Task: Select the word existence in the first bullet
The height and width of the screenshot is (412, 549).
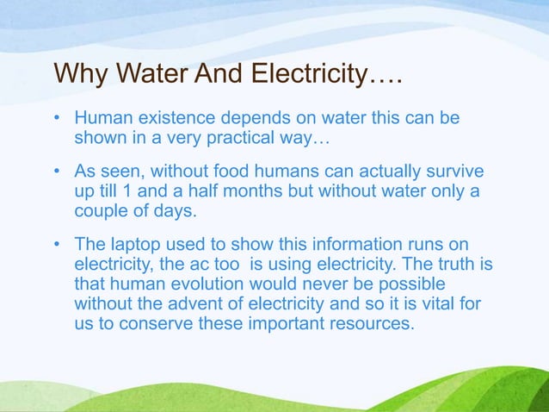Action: click(x=177, y=117)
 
